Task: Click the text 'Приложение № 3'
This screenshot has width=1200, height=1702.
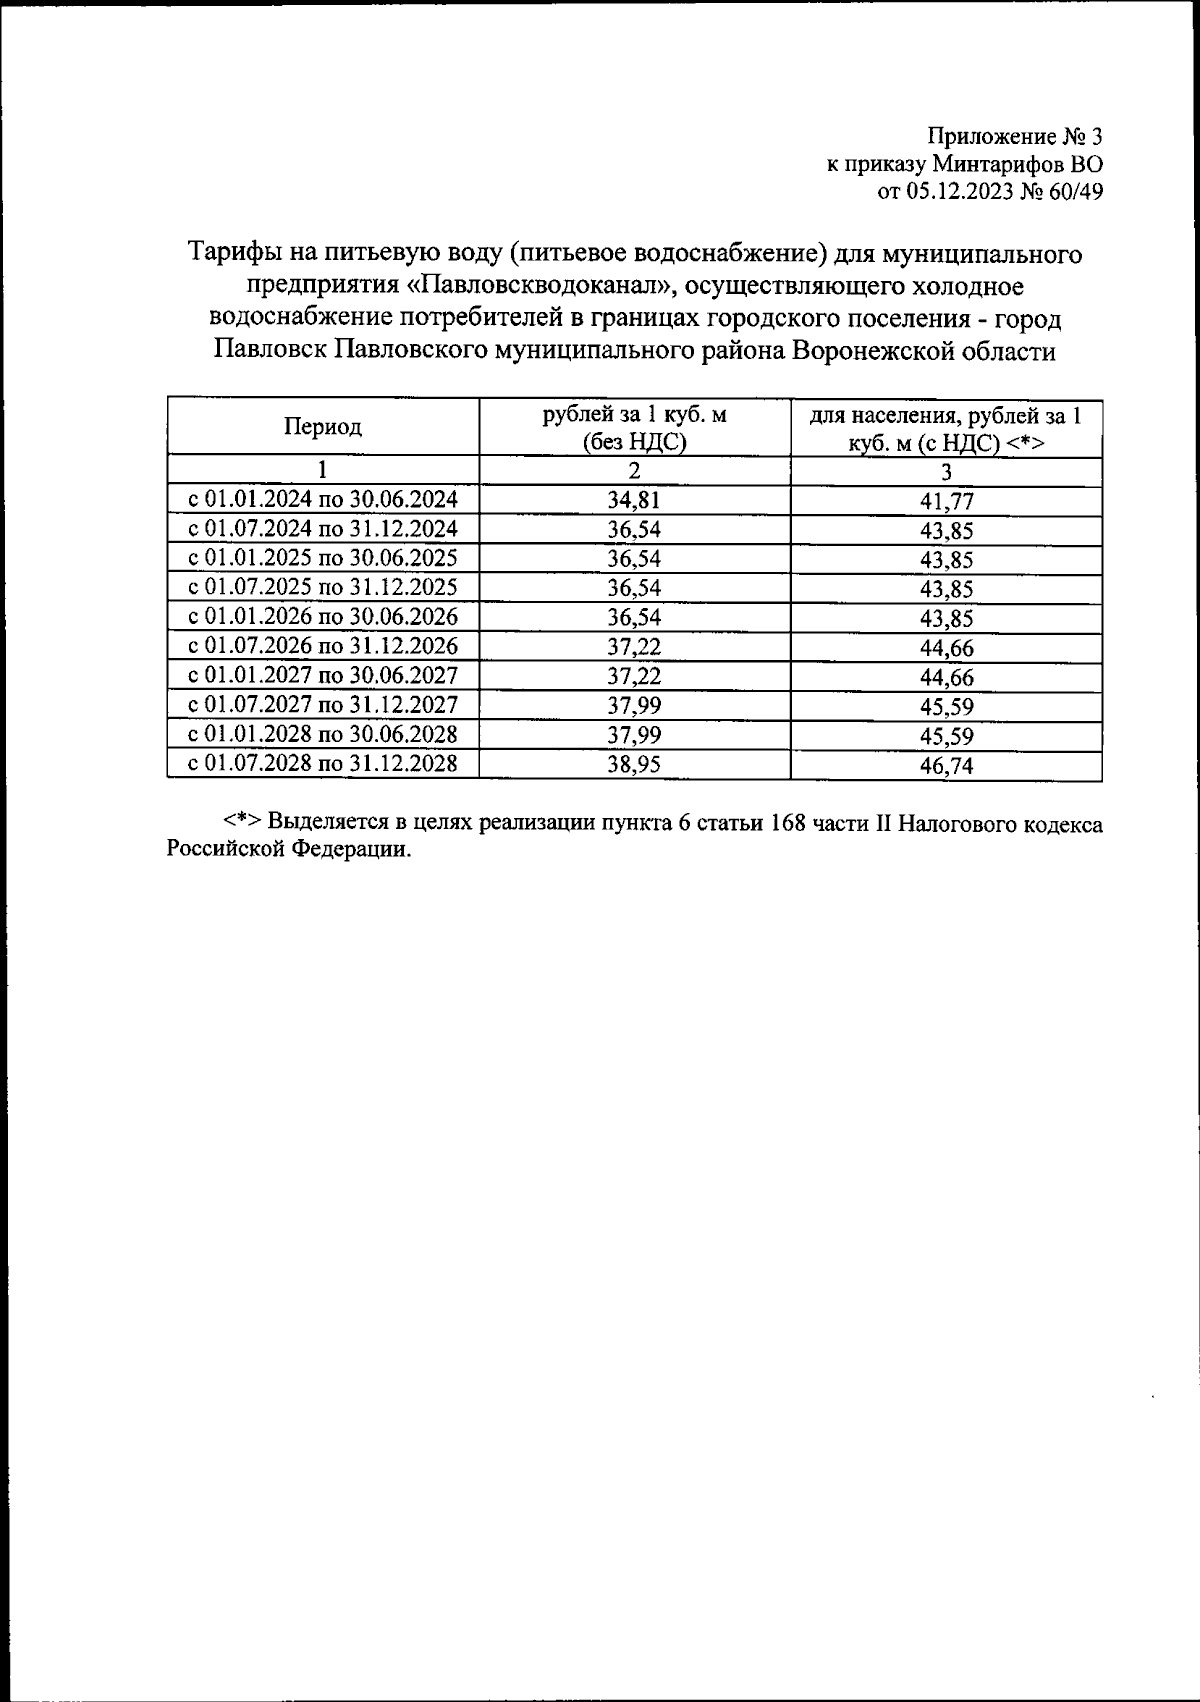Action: (1014, 136)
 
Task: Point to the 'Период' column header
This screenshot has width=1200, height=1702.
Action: (323, 427)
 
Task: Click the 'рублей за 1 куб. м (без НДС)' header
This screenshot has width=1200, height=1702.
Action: (634, 428)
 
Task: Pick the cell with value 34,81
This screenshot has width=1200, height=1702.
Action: (634, 501)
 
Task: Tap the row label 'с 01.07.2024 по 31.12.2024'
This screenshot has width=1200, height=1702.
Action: (323, 529)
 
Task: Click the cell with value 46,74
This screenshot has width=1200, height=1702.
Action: (946, 766)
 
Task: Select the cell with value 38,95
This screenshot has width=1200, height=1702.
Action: (634, 765)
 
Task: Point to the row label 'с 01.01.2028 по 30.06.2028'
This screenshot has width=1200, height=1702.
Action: (323, 735)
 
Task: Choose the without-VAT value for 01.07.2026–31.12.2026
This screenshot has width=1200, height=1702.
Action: (634, 647)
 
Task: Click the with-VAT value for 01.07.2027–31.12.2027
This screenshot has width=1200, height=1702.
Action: (946, 707)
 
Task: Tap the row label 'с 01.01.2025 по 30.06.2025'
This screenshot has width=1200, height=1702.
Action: (323, 558)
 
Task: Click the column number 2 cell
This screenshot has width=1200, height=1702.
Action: (634, 470)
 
